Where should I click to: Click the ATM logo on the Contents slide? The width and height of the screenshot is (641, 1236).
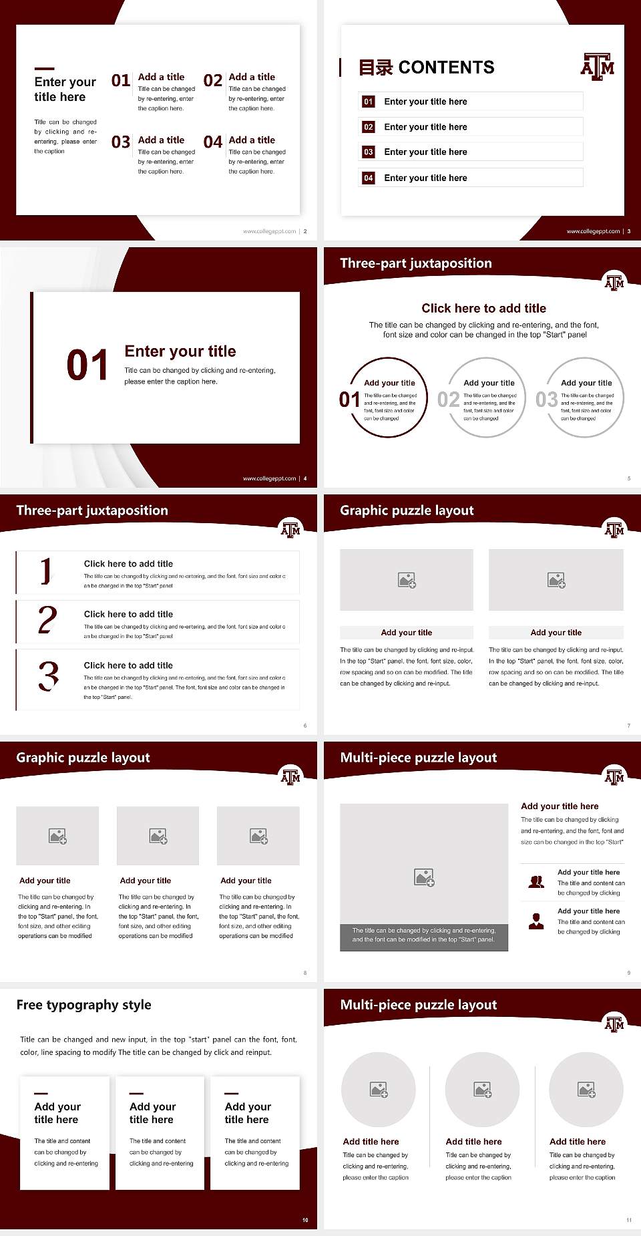click(597, 67)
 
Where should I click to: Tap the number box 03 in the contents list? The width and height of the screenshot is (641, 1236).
click(368, 152)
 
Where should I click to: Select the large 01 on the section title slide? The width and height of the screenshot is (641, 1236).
click(87, 365)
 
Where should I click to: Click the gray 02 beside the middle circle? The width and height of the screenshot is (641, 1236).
click(448, 400)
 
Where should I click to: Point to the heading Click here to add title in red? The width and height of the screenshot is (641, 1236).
click(483, 308)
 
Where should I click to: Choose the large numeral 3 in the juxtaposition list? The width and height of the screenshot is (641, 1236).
click(48, 676)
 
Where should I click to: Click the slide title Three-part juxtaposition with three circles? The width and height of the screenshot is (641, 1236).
click(415, 263)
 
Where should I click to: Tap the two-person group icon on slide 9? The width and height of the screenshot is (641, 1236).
click(536, 882)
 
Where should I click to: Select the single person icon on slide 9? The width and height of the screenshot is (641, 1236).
click(536, 921)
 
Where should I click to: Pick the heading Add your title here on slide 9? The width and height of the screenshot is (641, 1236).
click(560, 806)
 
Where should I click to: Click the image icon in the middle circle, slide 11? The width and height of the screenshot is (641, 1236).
click(482, 1090)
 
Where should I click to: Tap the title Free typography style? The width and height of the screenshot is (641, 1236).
click(83, 1005)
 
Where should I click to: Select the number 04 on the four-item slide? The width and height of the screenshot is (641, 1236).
click(213, 142)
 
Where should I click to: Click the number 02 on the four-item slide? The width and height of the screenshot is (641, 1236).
click(213, 81)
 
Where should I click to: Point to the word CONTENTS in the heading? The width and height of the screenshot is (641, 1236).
click(446, 67)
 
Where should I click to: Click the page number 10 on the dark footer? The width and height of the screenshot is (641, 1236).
click(305, 1220)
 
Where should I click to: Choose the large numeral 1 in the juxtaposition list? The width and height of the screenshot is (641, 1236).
click(45, 571)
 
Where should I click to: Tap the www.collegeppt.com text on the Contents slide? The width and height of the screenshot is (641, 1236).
click(593, 231)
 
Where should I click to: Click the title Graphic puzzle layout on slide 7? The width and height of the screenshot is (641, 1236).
click(407, 510)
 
